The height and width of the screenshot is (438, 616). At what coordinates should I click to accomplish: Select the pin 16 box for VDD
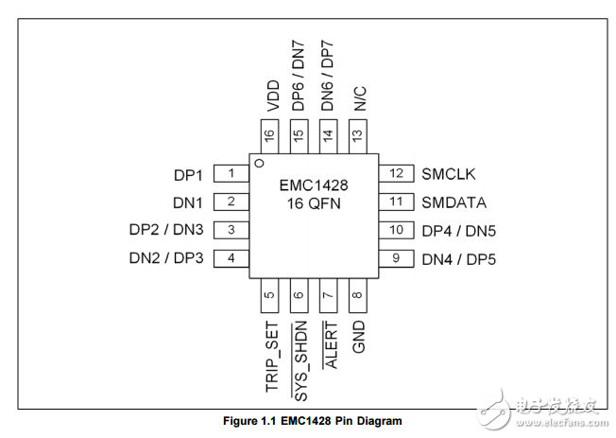point(270,134)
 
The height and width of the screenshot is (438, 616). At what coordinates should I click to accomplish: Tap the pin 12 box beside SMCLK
point(396,173)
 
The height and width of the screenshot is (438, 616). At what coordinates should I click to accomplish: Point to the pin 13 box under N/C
point(357,134)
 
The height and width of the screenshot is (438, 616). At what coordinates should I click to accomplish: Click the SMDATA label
point(453,201)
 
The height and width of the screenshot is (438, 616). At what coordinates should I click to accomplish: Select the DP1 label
point(188,174)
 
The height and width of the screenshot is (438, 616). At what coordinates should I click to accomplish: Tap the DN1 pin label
point(188,201)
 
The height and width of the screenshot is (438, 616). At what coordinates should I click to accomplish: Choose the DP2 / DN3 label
point(166,230)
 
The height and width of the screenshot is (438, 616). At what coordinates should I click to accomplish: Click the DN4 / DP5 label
point(458,258)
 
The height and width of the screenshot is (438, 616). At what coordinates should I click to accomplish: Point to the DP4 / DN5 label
point(458,230)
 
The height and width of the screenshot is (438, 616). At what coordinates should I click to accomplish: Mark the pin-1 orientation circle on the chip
point(258,164)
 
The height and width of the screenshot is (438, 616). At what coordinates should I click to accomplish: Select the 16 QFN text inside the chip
point(314,203)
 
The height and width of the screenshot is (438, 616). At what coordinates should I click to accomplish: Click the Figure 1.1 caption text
point(309,420)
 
